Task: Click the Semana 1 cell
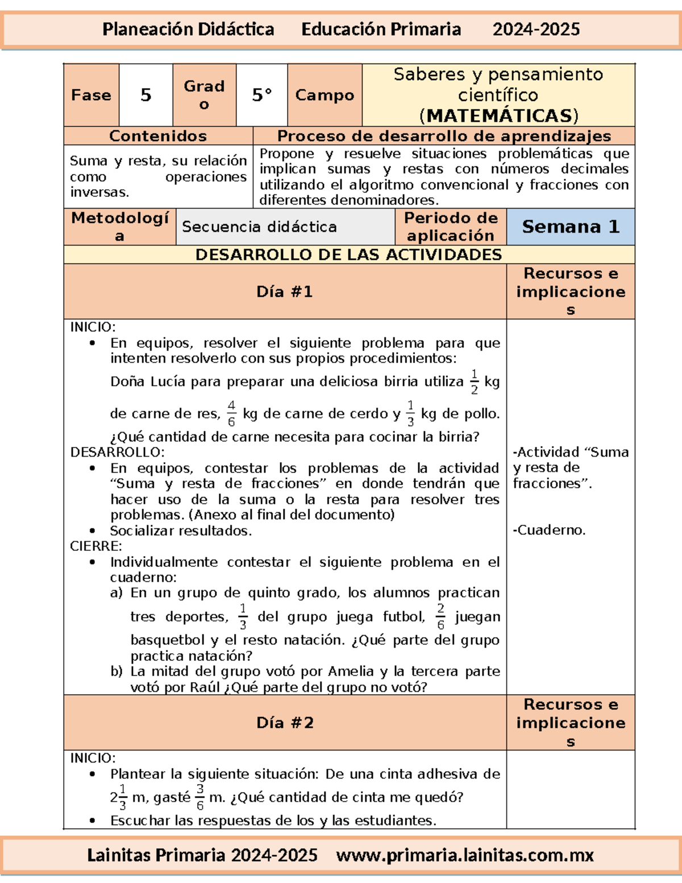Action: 570,227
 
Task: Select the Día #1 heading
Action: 285,292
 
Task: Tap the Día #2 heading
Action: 285,723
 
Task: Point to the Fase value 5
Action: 146,95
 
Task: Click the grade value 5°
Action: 262,95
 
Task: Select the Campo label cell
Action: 325,95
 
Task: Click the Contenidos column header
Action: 158,136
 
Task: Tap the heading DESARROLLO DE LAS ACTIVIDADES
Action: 348,255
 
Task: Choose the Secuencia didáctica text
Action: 259,227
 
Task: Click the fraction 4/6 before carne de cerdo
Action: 231,413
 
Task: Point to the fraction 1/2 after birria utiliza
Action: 475,382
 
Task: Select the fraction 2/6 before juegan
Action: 440,617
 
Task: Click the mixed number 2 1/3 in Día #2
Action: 119,797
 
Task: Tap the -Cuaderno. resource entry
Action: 549,530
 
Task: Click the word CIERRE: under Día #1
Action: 96,546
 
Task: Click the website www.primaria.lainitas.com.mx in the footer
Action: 465,855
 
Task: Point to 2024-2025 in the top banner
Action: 536,30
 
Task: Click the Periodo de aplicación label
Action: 451,227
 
